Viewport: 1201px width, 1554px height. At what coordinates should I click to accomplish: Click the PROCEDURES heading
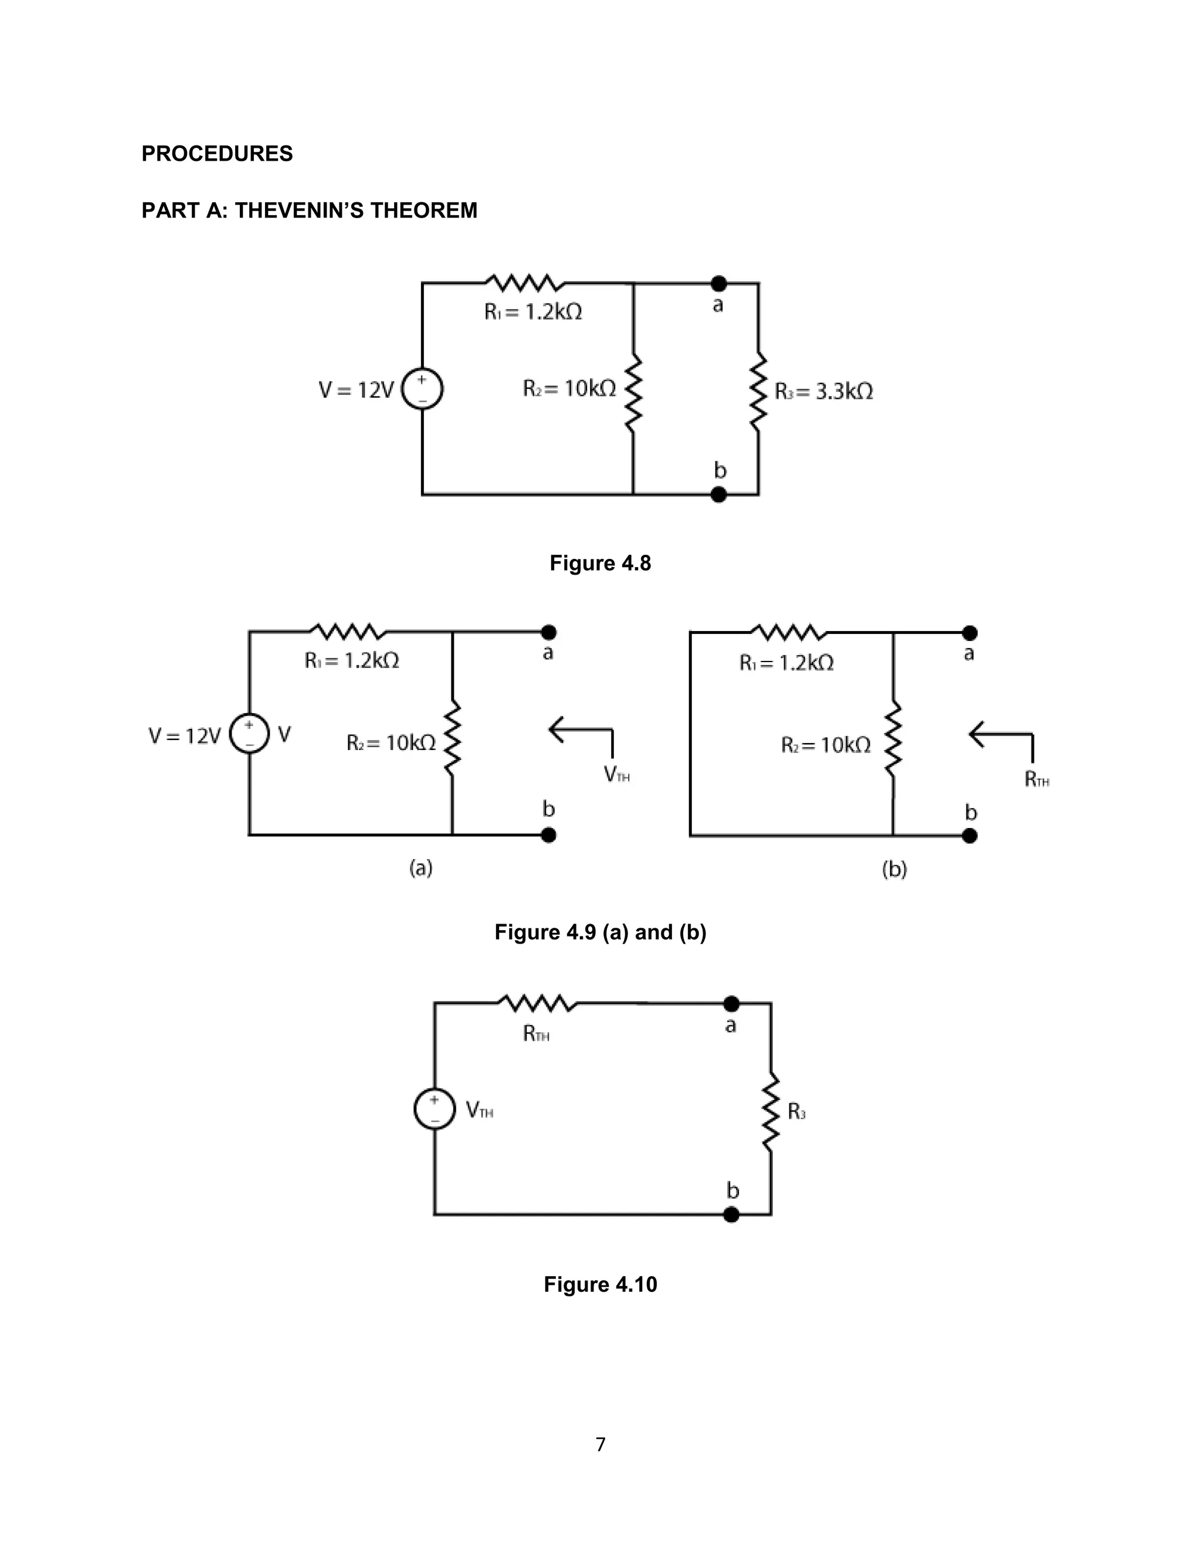(x=217, y=154)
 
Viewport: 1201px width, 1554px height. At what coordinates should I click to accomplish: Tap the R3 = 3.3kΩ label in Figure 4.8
(x=823, y=391)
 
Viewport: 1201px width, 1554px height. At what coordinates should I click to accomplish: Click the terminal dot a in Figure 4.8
(x=718, y=284)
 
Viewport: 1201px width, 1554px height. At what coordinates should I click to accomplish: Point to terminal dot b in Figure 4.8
(x=718, y=494)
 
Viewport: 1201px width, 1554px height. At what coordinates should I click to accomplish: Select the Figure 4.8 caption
(x=600, y=564)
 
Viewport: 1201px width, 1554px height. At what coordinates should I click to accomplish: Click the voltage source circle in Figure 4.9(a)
(x=249, y=734)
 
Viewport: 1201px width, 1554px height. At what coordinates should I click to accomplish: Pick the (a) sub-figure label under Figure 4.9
(x=420, y=868)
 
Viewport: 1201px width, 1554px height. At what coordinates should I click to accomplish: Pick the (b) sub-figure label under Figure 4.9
(x=894, y=870)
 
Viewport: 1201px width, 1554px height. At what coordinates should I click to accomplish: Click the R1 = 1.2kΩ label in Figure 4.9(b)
(x=786, y=663)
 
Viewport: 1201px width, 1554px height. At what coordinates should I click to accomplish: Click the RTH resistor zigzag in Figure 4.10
(x=537, y=1004)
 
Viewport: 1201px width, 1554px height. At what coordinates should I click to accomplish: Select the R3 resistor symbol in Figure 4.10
(x=771, y=1112)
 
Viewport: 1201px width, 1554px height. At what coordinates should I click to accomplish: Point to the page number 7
(x=600, y=1444)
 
